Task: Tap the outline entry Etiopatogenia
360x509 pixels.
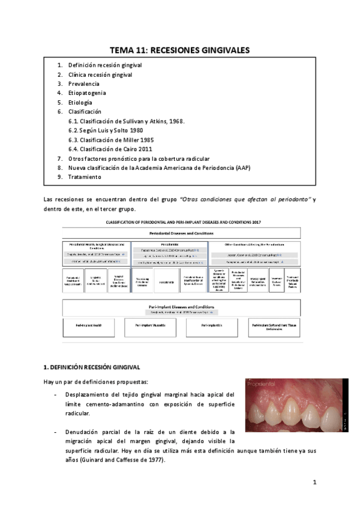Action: [87, 93]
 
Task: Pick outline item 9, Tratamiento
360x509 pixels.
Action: [85, 177]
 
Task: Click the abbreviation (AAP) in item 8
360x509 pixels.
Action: [244, 167]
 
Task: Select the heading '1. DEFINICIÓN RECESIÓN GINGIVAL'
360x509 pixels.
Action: [92, 366]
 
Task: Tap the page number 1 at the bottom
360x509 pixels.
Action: [314, 482]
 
